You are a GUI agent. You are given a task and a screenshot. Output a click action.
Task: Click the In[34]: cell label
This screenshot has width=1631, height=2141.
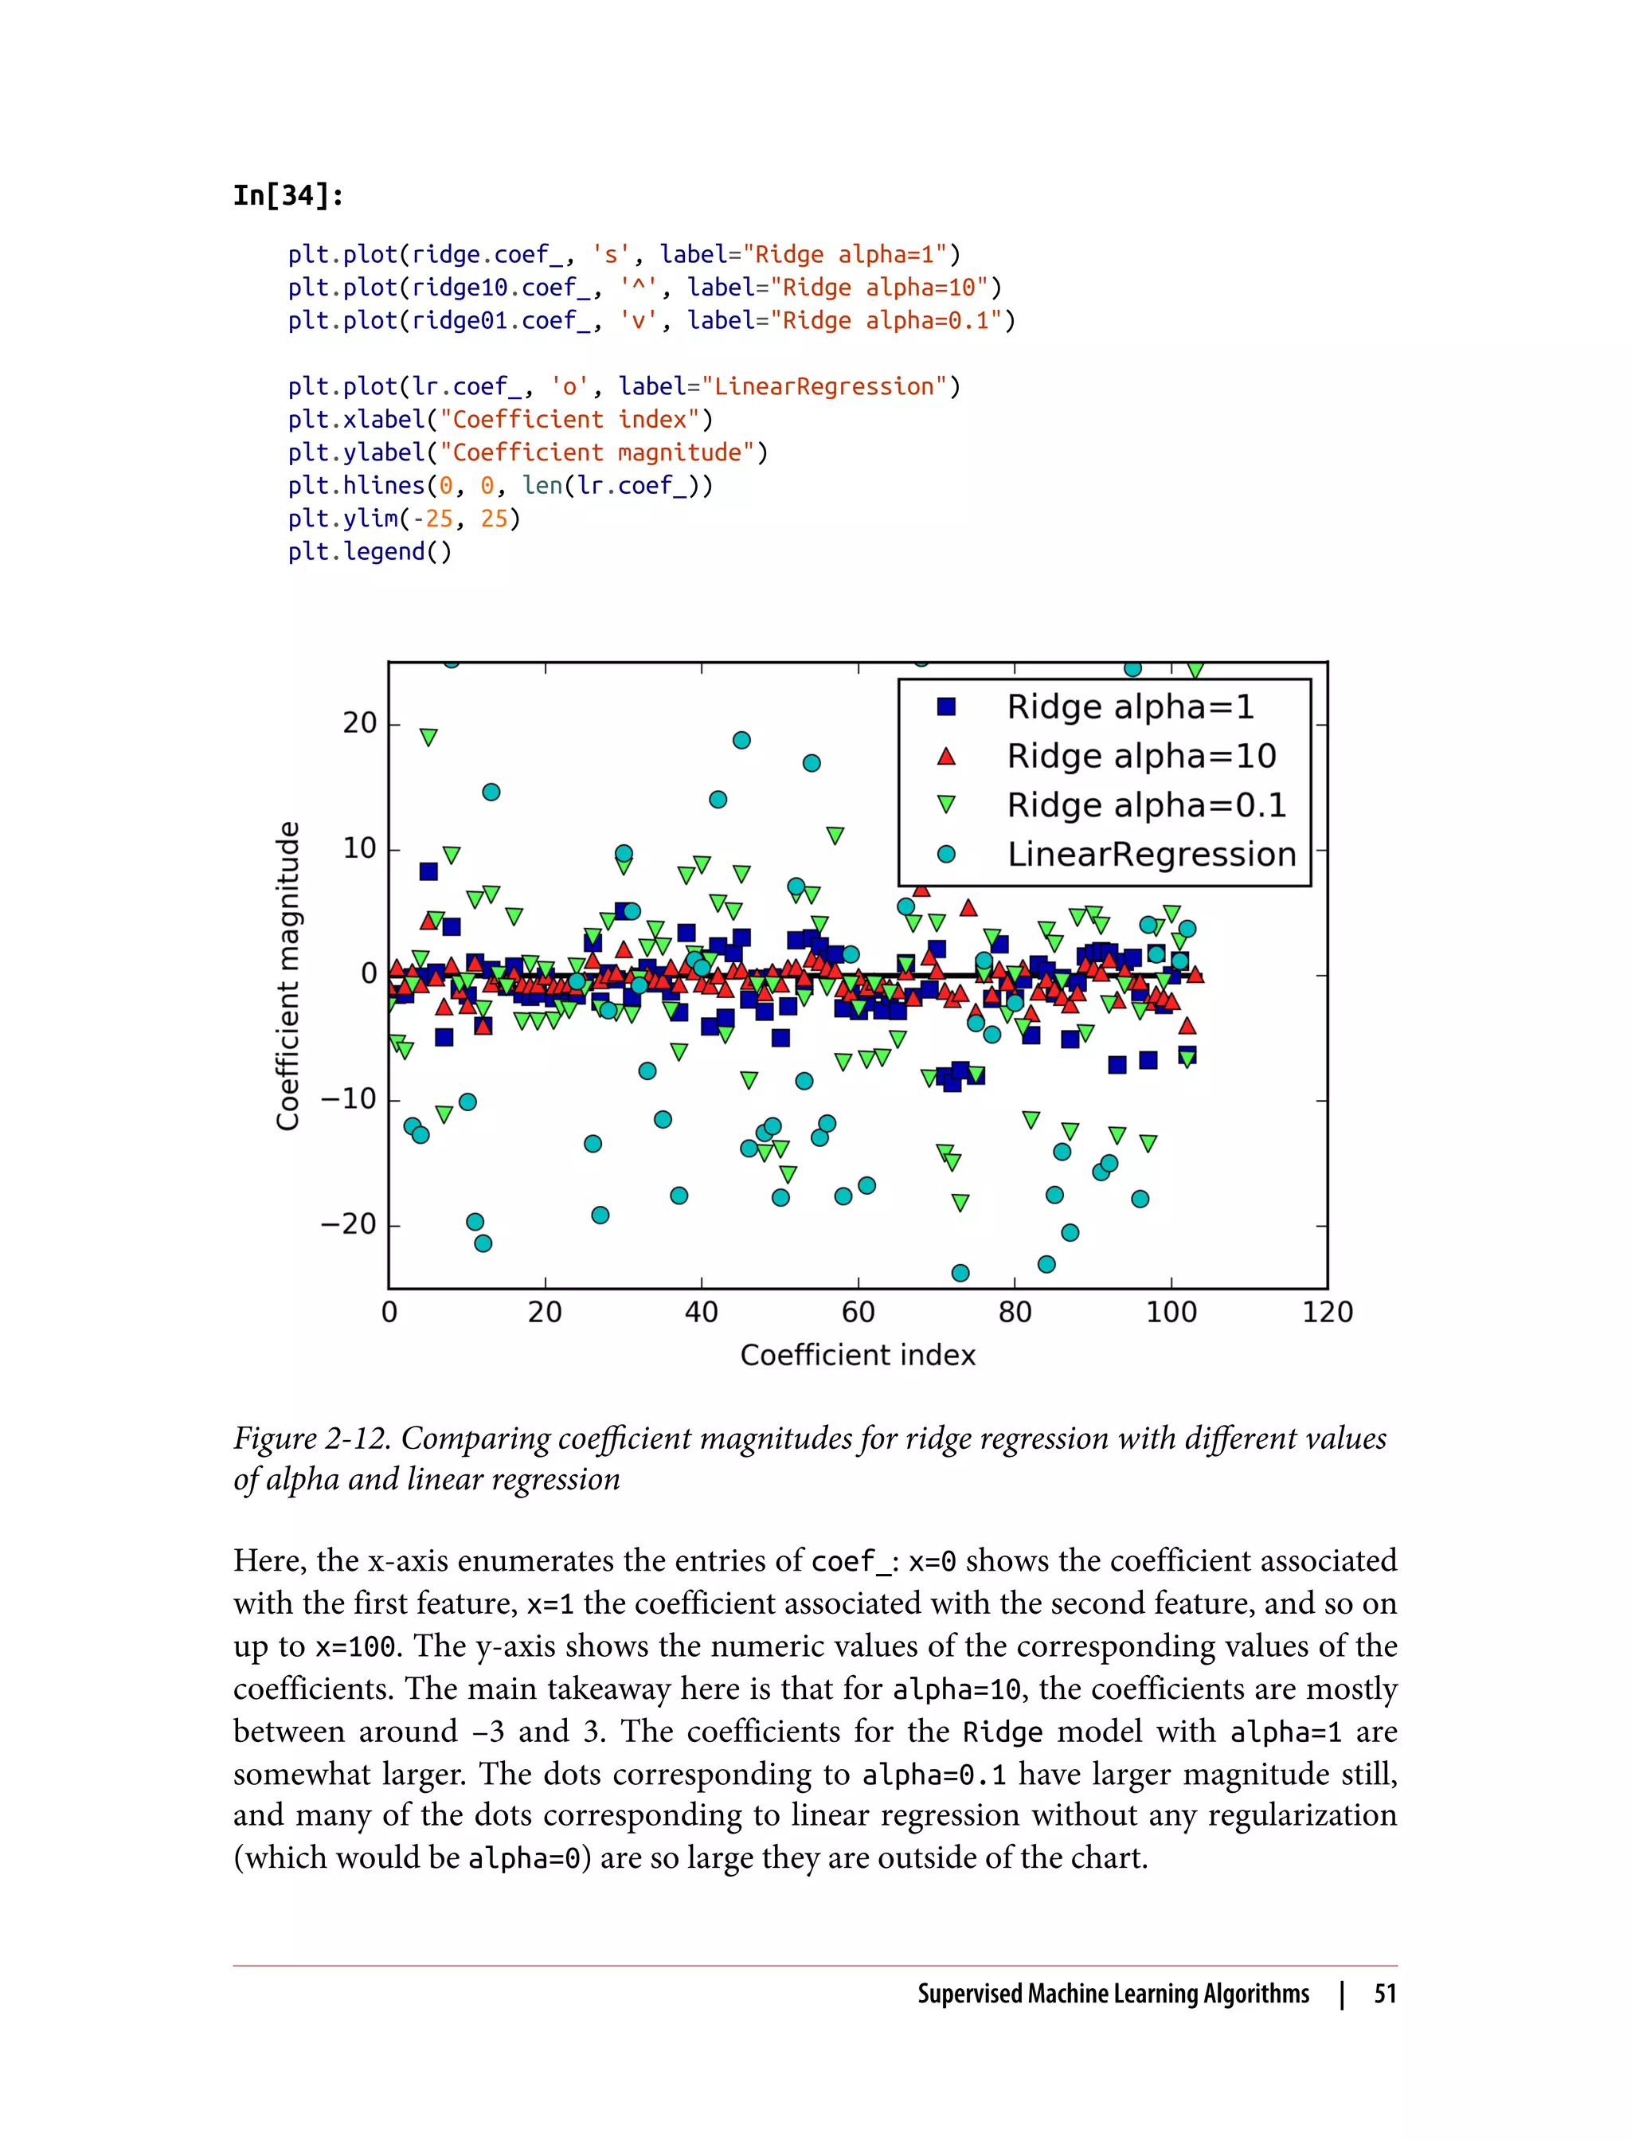[288, 195]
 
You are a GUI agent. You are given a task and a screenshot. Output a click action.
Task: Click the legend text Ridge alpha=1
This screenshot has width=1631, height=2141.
[1130, 706]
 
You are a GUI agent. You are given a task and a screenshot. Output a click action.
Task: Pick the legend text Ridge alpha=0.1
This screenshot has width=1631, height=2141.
[1145, 805]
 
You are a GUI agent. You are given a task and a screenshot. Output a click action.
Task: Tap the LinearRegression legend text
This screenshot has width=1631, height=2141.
[1152, 855]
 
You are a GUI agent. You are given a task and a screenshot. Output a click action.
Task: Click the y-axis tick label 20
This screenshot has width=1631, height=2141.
[359, 723]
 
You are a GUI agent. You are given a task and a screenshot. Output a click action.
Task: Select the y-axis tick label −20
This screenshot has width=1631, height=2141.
[349, 1224]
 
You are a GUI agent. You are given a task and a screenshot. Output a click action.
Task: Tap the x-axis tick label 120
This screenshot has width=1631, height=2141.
[1326, 1313]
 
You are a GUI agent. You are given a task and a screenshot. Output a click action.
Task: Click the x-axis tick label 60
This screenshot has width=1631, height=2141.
[859, 1313]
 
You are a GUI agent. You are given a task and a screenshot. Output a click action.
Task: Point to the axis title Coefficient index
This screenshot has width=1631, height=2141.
[857, 1356]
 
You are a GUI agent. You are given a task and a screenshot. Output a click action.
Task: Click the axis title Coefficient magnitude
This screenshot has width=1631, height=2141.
[287, 975]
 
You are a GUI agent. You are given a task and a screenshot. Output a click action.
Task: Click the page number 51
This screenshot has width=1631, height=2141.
[1384, 1994]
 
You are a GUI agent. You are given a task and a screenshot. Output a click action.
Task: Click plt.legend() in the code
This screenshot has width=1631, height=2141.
[370, 551]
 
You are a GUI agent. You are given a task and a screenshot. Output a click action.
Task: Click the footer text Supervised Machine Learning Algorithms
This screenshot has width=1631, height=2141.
[1113, 1994]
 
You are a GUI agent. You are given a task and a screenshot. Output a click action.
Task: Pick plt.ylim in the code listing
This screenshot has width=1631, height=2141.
[342, 519]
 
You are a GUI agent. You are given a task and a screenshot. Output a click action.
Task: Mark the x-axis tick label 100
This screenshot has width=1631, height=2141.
[1171, 1313]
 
